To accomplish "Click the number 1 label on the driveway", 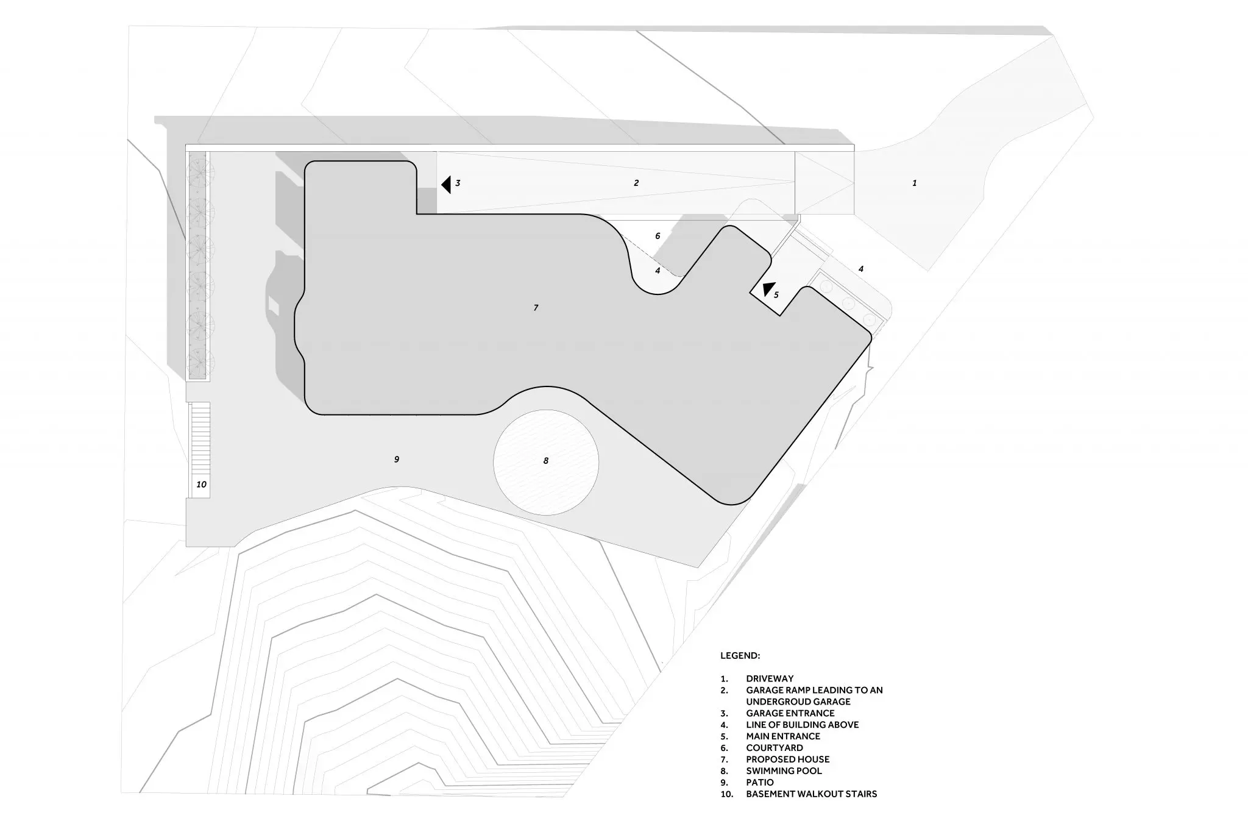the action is click(914, 183).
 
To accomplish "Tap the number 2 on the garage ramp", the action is click(636, 183).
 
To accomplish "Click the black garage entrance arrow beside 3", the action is click(446, 184).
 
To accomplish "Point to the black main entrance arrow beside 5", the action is click(768, 290).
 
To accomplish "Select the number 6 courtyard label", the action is click(658, 236).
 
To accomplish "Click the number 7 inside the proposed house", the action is click(536, 308).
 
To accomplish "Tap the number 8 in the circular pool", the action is click(546, 461).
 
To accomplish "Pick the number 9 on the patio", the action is click(397, 459).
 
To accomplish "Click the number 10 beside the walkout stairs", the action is click(201, 485).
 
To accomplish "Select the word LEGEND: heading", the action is click(740, 656).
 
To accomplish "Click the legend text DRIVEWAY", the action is click(770, 678).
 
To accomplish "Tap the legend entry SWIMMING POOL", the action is click(784, 771).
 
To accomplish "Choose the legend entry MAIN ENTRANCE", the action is click(783, 736).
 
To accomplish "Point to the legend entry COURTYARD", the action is click(775, 748).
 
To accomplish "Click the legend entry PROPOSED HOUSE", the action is click(788, 759).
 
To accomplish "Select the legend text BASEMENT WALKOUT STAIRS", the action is click(812, 794).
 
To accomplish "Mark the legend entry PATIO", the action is click(760, 783).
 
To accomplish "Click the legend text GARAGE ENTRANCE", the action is click(790, 713).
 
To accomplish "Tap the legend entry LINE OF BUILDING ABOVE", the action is click(803, 725).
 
